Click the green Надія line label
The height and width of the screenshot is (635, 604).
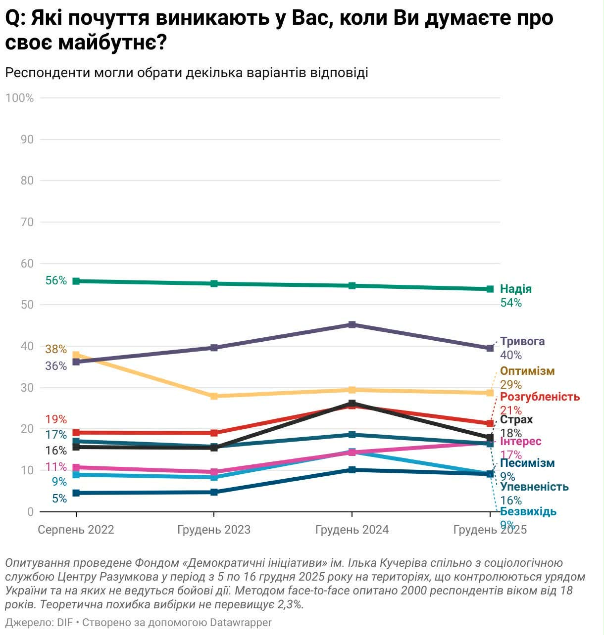pyautogui.click(x=515, y=289)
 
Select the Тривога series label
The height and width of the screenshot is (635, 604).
pyautogui.click(x=522, y=342)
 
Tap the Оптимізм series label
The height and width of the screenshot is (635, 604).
pyautogui.click(x=527, y=371)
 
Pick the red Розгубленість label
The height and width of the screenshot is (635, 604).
pyautogui.click(x=540, y=397)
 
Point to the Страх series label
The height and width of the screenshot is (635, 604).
pyautogui.click(x=516, y=420)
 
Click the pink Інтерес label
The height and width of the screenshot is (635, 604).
pyautogui.click(x=520, y=442)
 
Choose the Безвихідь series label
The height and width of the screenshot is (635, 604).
pyautogui.click(x=528, y=512)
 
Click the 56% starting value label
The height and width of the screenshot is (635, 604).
pyautogui.click(x=55, y=281)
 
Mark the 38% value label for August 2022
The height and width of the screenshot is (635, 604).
pyautogui.click(x=55, y=350)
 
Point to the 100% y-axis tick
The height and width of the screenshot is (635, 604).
pyautogui.click(x=19, y=98)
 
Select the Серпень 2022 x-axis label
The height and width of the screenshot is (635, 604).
pyautogui.click(x=76, y=530)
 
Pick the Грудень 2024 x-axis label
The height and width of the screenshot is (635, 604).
pyautogui.click(x=352, y=530)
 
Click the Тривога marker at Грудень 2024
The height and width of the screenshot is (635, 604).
pyautogui.click(x=352, y=325)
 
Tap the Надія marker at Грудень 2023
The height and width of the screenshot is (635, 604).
pyautogui.click(x=214, y=284)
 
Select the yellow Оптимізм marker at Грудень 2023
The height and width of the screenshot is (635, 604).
pyautogui.click(x=214, y=396)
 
